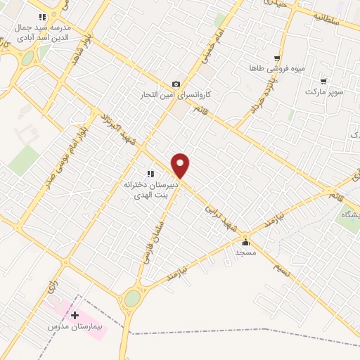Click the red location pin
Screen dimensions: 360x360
181,166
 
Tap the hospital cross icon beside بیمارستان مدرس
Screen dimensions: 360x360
75,315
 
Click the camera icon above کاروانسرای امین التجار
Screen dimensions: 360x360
176,84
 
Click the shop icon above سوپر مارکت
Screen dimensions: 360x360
323,82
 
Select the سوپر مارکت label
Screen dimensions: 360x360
324,91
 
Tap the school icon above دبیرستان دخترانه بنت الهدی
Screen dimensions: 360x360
149,173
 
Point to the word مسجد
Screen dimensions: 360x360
245,252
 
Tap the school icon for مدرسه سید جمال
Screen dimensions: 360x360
43,15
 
